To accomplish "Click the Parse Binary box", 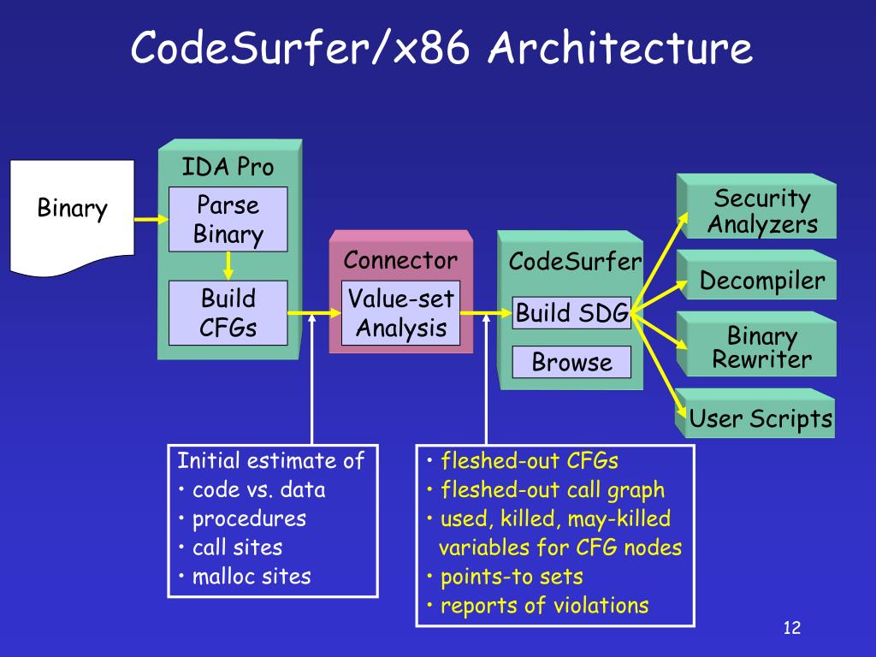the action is pyautogui.click(x=228, y=219).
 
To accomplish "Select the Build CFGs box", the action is pyautogui.click(x=228, y=313).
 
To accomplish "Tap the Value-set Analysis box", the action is pyautogui.click(x=400, y=313).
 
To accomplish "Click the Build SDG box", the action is pyautogui.click(x=571, y=313).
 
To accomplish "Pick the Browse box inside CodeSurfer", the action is pyautogui.click(x=571, y=362).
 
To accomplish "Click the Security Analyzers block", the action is pyautogui.click(x=756, y=206).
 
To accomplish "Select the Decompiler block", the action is pyautogui.click(x=756, y=275).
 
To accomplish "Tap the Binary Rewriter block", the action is pyautogui.click(x=756, y=344).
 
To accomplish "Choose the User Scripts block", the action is pyautogui.click(x=755, y=413).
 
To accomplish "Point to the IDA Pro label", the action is pyautogui.click(x=228, y=167).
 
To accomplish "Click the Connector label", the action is pyautogui.click(x=400, y=260).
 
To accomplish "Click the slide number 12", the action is pyautogui.click(x=791, y=627).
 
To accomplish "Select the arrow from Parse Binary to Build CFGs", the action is pyautogui.click(x=228, y=266).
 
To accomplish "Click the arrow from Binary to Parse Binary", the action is pyautogui.click(x=151, y=219).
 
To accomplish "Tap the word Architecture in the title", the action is pyautogui.click(x=620, y=48).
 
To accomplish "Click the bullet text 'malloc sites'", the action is pyautogui.click(x=252, y=576).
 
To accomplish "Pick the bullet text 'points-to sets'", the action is pyautogui.click(x=512, y=577).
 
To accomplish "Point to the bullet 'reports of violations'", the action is pyautogui.click(x=545, y=606).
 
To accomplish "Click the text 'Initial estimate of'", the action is pyautogui.click(x=270, y=460).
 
